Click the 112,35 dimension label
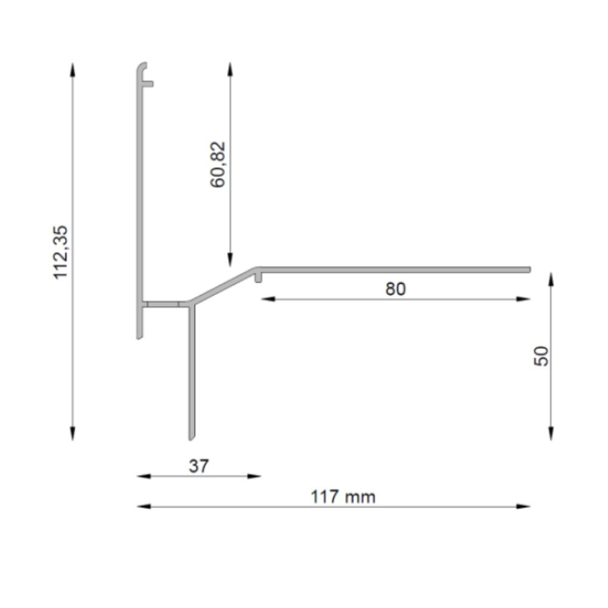pos(60,252)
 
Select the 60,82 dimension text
pos(218,164)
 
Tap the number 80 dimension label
pos(396,289)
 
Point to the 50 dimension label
pos(541,356)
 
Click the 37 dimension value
pos(199,466)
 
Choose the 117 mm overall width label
pos(343,497)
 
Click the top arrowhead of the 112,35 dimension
pos(72,69)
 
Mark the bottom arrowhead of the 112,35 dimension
pos(72,434)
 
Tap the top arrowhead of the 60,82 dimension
pos(230,69)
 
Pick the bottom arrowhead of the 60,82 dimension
pos(230,260)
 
